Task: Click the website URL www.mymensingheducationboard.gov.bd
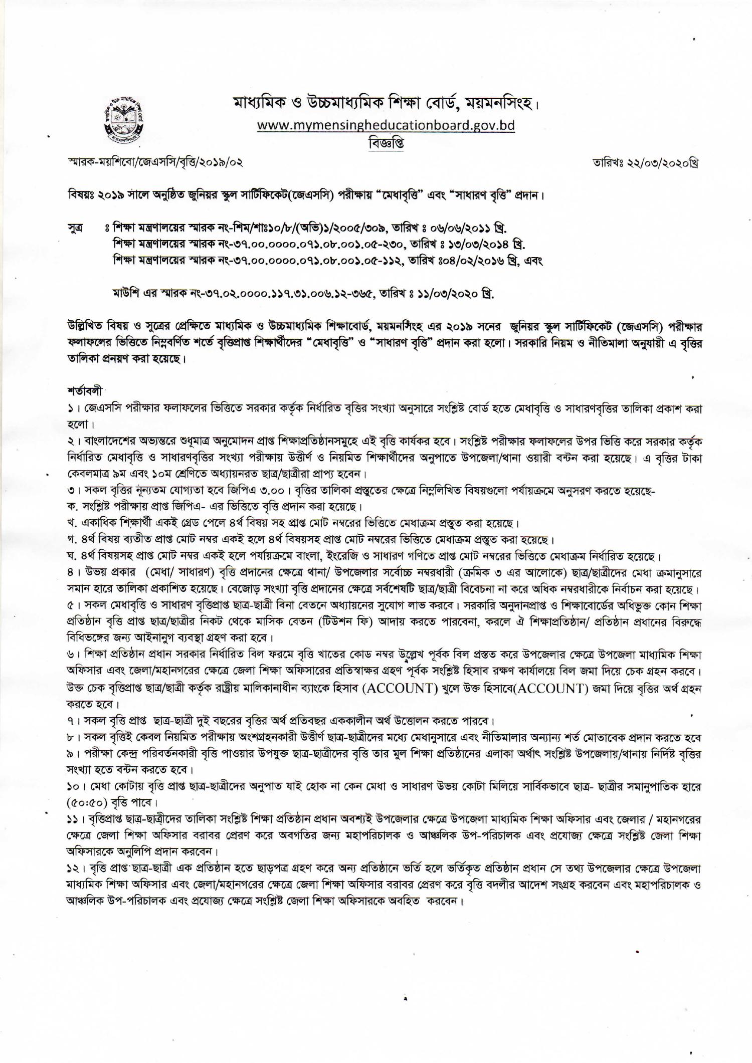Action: coord(386,125)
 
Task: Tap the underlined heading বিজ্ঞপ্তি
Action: coord(386,143)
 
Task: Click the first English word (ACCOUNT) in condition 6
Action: coord(401,688)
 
